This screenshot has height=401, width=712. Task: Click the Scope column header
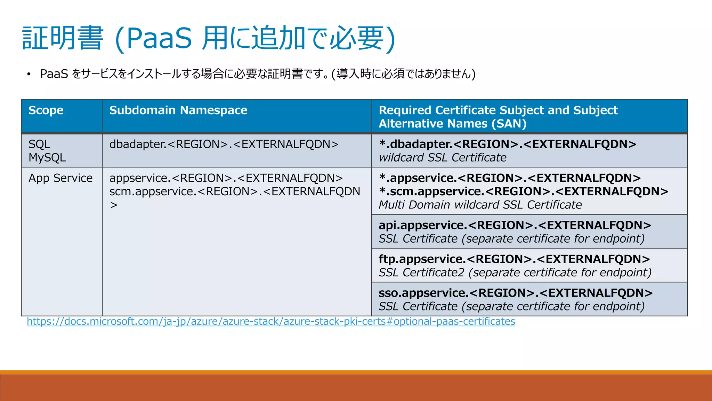pyautogui.click(x=46, y=110)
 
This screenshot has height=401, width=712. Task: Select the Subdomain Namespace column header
pyautogui.click(x=178, y=110)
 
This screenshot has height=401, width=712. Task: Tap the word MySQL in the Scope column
pyautogui.click(x=47, y=158)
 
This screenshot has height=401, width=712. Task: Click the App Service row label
pyautogui.click(x=60, y=178)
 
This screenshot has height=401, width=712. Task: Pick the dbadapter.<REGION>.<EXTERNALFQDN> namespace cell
pyautogui.click(x=224, y=144)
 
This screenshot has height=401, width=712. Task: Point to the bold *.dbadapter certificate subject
pyautogui.click(x=507, y=144)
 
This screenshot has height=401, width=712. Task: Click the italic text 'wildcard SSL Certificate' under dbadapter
pyautogui.click(x=442, y=158)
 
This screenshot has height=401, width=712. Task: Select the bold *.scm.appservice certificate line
pyautogui.click(x=523, y=191)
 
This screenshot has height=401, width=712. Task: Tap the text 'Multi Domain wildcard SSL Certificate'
pyautogui.click(x=480, y=205)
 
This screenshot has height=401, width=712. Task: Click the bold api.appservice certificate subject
pyautogui.click(x=515, y=225)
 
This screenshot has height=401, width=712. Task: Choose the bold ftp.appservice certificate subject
pyautogui.click(x=514, y=259)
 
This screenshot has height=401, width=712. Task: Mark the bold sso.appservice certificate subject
pyautogui.click(x=515, y=293)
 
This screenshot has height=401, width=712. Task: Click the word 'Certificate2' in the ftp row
pyautogui.click(x=433, y=273)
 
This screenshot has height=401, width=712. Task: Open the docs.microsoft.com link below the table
pyautogui.click(x=271, y=321)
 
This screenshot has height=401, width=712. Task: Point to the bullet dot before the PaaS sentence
pyautogui.click(x=29, y=74)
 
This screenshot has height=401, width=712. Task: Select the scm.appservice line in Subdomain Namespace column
pyautogui.click(x=235, y=191)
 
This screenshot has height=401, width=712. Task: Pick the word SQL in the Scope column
pyautogui.click(x=39, y=144)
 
